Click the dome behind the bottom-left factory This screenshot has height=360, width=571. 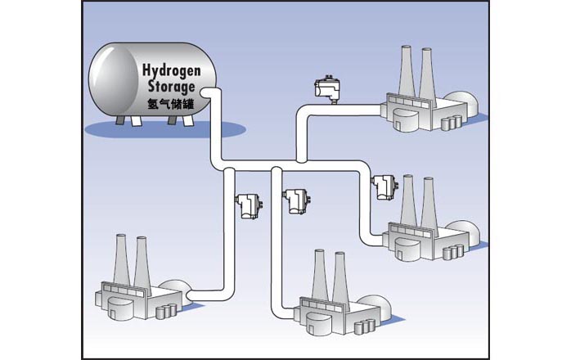click(x=173, y=290)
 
